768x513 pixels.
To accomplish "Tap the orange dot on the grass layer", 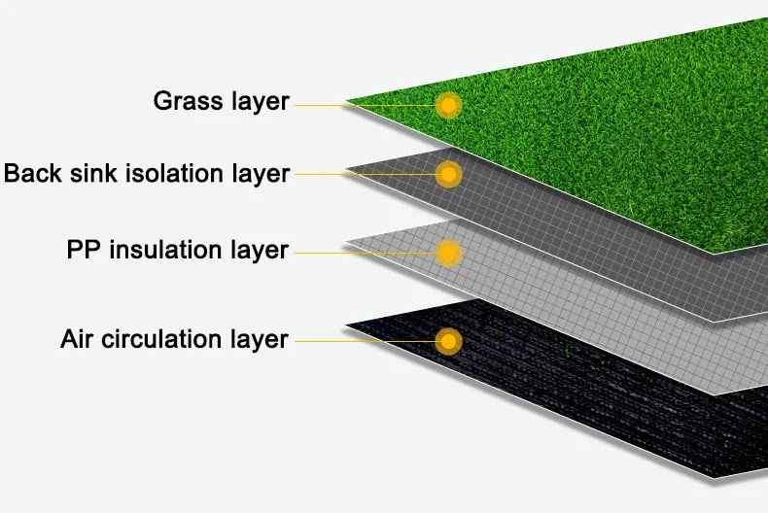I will point(448,105).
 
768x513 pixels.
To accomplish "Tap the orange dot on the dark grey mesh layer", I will point(448,175).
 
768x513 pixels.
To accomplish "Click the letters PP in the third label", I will point(85,250).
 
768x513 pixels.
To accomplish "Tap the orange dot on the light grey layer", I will point(448,254).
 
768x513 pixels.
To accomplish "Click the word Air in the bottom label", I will point(78,339).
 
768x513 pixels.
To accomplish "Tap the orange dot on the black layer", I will point(448,342).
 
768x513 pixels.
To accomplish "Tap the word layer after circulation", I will point(260,340).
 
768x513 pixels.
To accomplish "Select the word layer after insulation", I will point(261,251).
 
